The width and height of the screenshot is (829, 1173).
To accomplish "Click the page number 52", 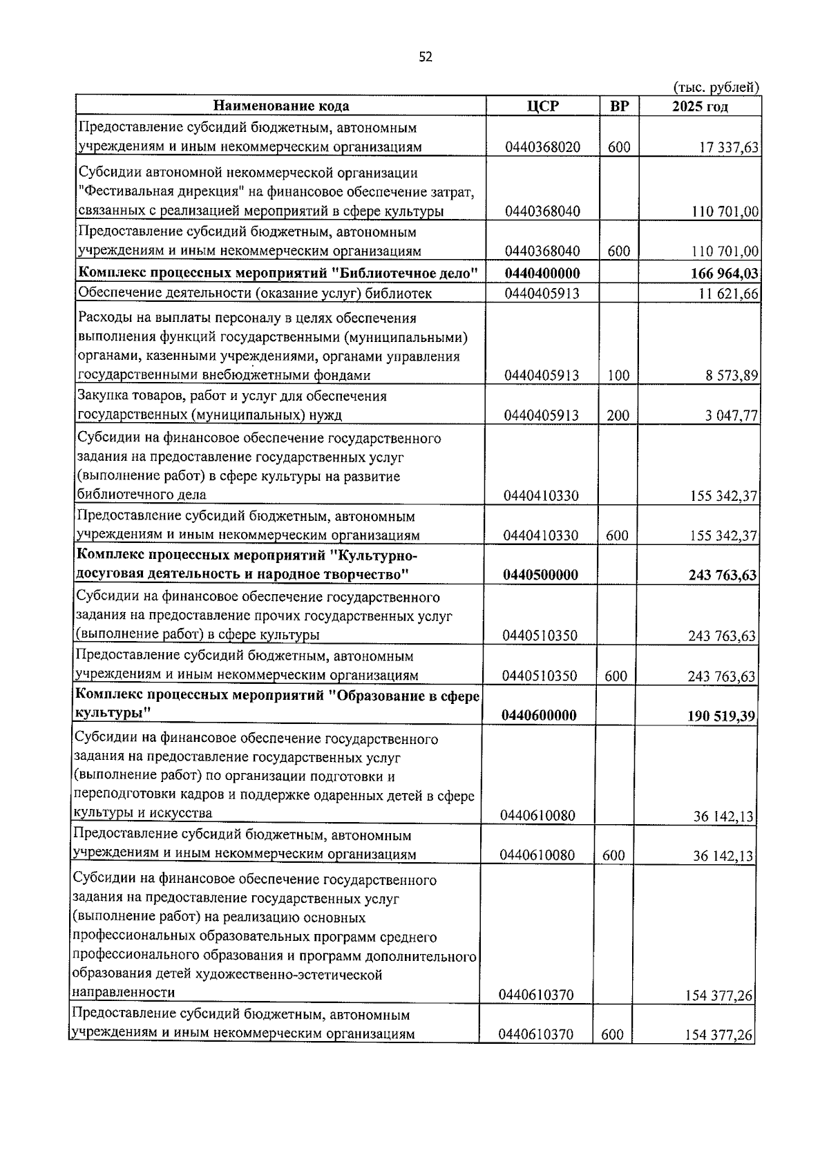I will [x=425, y=57].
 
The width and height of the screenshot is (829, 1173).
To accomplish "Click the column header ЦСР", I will [x=542, y=106].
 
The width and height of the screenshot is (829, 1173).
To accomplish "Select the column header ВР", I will [x=619, y=106].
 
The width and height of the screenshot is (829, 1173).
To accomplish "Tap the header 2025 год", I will [x=700, y=106].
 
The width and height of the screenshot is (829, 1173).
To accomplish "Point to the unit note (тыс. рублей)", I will [x=716, y=87].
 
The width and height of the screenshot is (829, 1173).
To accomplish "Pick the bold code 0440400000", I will [x=542, y=274].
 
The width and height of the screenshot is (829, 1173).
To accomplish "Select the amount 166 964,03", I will [x=724, y=274].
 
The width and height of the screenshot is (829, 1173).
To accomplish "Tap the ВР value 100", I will [x=618, y=376].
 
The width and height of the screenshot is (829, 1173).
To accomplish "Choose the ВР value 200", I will [x=618, y=415].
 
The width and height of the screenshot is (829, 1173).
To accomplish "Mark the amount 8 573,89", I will [x=729, y=376].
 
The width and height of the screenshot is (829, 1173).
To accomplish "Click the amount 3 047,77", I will [x=729, y=416].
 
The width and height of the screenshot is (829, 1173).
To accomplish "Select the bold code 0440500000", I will [x=541, y=575].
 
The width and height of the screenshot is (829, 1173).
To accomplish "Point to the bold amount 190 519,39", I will [x=721, y=716].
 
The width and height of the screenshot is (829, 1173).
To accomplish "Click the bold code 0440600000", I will [x=540, y=715].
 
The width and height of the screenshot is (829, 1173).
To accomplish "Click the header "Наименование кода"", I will [x=281, y=106].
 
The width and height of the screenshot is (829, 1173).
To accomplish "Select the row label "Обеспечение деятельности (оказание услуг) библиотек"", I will [x=255, y=294].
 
